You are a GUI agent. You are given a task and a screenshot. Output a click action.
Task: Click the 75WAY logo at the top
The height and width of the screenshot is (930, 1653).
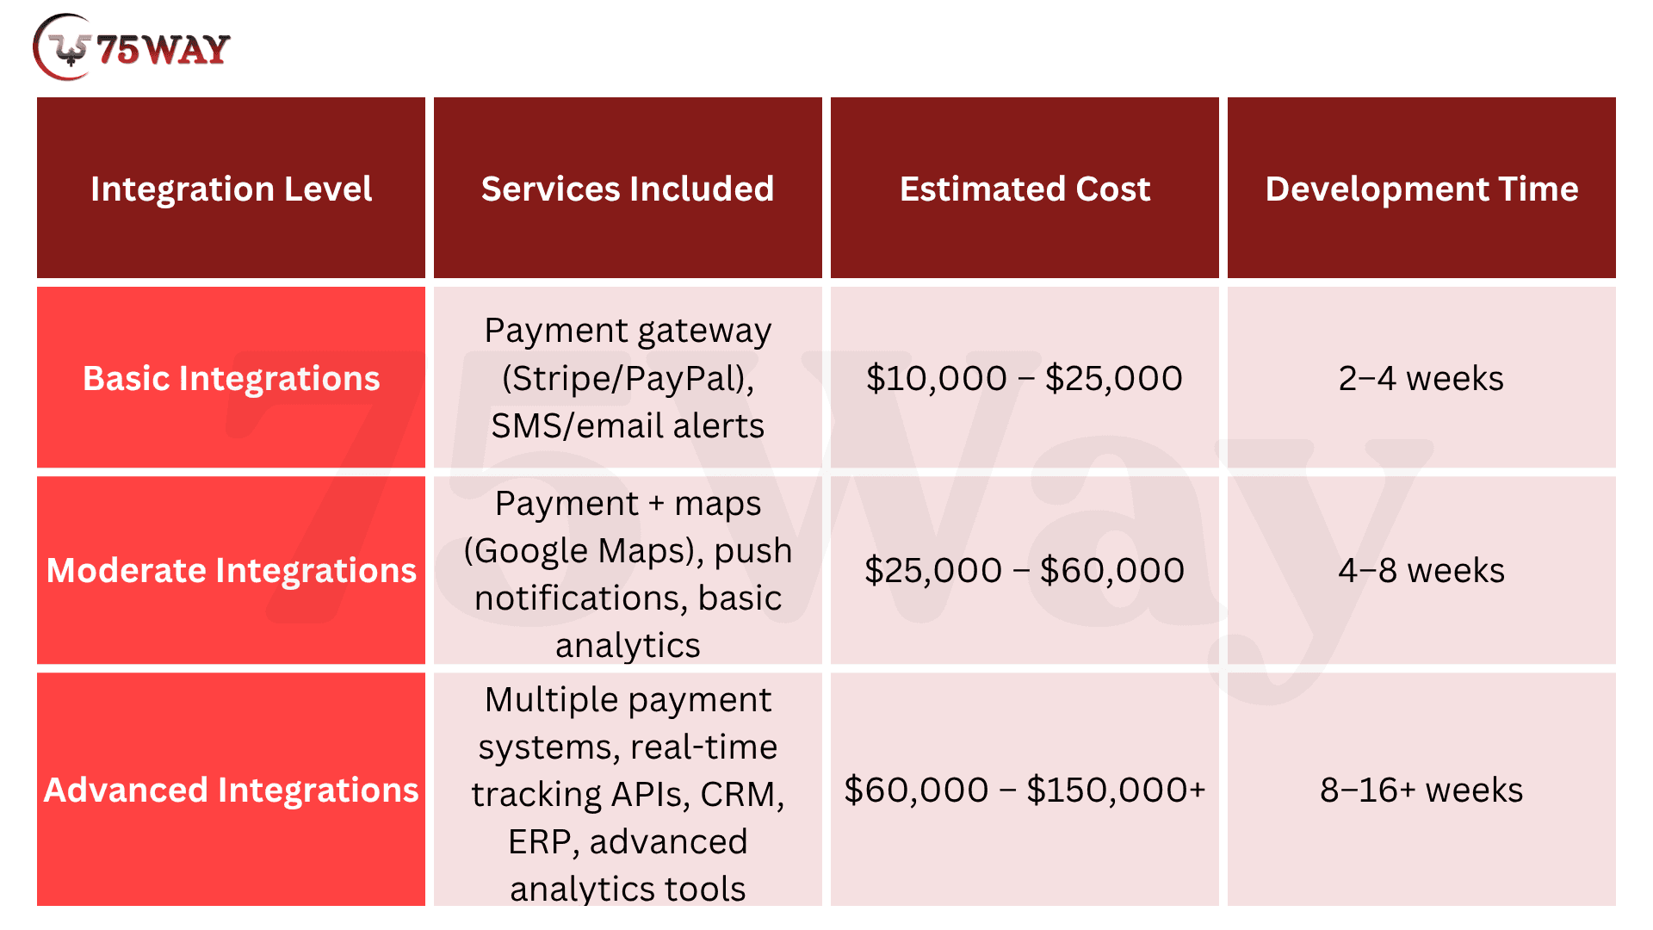tap(132, 48)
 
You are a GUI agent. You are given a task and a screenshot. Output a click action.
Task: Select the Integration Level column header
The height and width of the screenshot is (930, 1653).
tap(231, 189)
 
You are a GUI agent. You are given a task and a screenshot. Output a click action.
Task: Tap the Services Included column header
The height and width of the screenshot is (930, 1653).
tap(628, 189)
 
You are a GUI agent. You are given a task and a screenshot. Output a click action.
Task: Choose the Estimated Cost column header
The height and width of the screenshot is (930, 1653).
tap(1025, 189)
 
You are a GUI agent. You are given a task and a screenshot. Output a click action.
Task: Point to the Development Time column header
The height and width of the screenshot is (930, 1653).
tap(1421, 189)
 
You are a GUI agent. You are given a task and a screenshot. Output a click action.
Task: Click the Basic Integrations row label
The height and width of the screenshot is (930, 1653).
tap(231, 378)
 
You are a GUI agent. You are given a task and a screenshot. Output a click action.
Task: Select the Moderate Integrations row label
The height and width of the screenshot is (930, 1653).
tap(231, 570)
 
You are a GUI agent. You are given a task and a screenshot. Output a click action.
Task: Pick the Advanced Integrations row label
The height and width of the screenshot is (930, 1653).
tap(231, 790)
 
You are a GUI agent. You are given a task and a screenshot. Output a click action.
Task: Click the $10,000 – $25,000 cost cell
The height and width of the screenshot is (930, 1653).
tap(1025, 378)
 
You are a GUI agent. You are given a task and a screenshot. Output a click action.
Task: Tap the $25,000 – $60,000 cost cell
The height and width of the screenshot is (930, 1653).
tap(1025, 570)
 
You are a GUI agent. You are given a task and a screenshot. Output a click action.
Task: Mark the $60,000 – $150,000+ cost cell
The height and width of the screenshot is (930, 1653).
tap(1025, 790)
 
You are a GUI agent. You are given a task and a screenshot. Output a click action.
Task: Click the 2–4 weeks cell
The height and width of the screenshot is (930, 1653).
tap(1421, 378)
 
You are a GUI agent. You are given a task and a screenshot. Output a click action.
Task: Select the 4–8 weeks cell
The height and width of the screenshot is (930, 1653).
tap(1421, 570)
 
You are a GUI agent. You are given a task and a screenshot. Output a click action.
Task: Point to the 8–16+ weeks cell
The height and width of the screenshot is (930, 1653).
tap(1421, 790)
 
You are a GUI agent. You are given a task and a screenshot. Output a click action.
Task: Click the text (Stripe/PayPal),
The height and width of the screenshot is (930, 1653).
tap(628, 378)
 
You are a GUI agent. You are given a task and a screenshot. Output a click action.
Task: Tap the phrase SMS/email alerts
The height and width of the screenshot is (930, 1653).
tap(628, 425)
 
